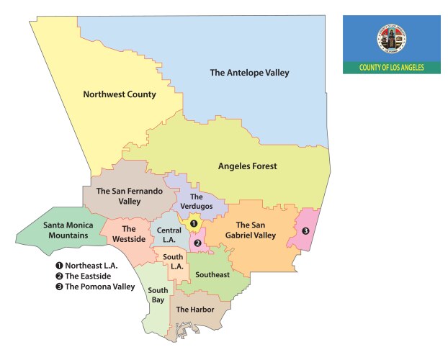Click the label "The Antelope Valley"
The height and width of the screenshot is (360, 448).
click(248, 73)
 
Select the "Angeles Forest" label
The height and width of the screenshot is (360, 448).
click(247, 166)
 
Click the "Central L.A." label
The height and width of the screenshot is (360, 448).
click(167, 234)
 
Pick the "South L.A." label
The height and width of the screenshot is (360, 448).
click(172, 260)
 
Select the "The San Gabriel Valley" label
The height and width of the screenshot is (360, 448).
click(256, 230)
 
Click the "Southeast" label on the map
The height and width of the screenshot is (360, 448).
click(212, 274)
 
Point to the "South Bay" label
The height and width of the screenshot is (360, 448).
click(158, 295)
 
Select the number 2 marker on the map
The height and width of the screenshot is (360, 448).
click(197, 243)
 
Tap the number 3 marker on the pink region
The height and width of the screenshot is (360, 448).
click(305, 231)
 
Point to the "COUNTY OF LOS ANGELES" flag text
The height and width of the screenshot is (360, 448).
click(391, 68)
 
